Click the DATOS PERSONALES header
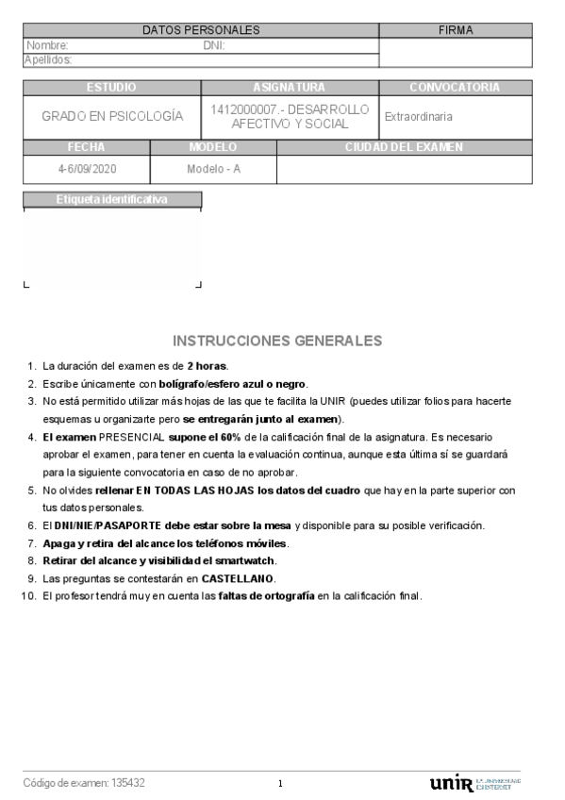click(x=200, y=31)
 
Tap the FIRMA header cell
click(x=456, y=31)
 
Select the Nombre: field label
click(x=47, y=45)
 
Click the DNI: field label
click(x=214, y=45)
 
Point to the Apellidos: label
click(x=48, y=59)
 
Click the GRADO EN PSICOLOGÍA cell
click(x=112, y=117)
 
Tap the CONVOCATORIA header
click(x=455, y=88)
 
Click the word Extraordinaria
click(x=418, y=117)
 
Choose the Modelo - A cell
click(x=213, y=168)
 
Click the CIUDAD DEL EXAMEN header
click(x=404, y=147)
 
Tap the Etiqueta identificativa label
click(x=112, y=199)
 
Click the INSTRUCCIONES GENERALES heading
click(x=278, y=341)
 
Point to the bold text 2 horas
click(x=208, y=366)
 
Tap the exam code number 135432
click(x=128, y=783)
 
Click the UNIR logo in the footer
click(x=450, y=784)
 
